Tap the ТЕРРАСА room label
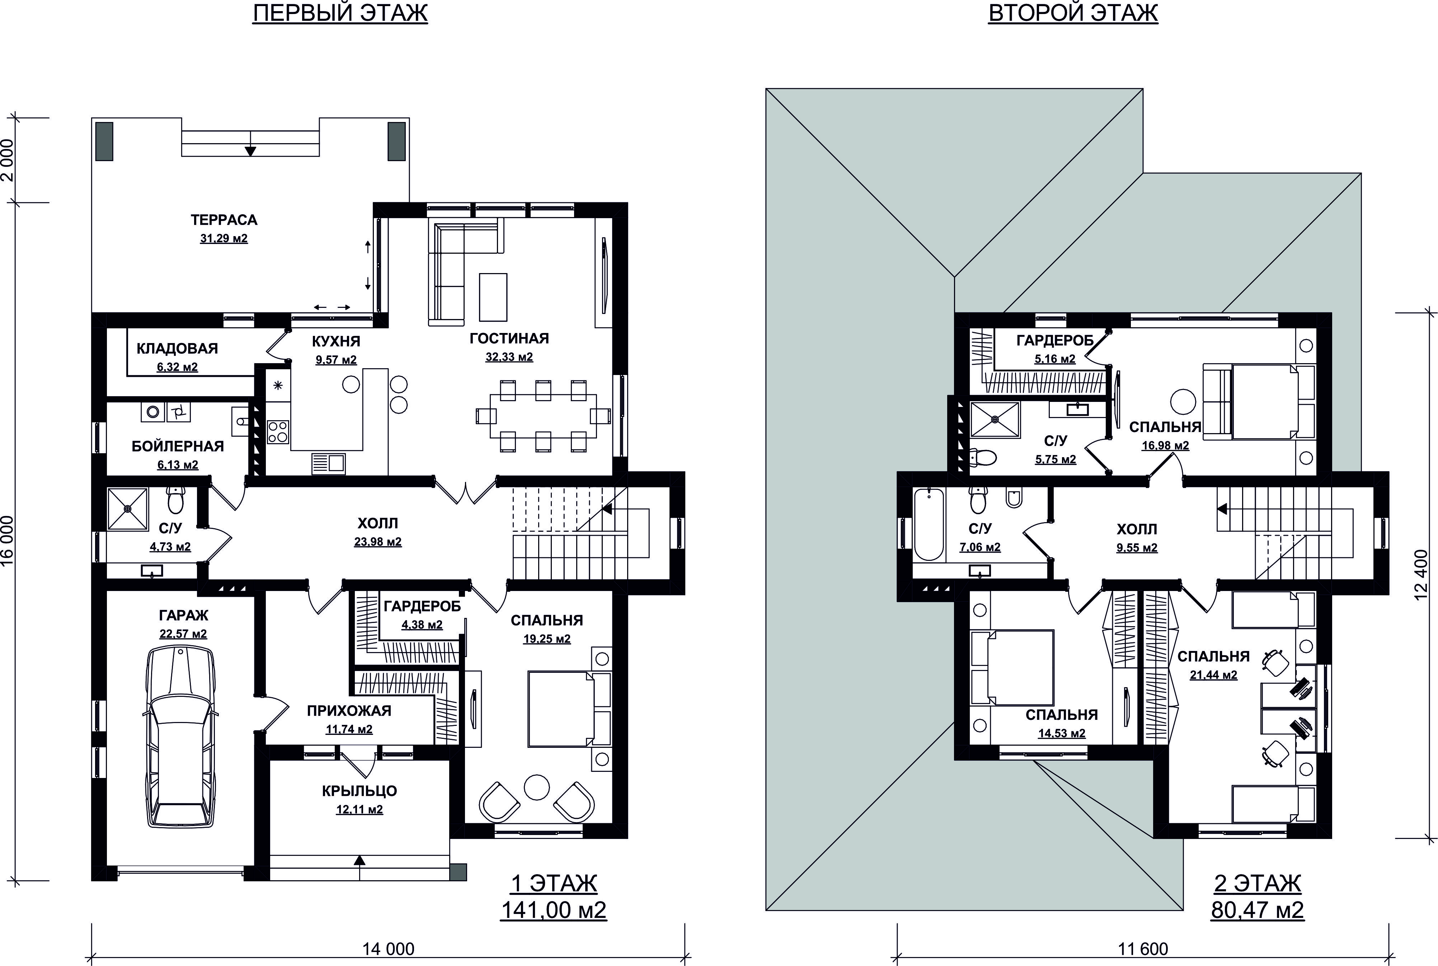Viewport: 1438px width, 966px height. click(x=224, y=220)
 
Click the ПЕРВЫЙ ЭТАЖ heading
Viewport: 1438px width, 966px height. click(x=340, y=13)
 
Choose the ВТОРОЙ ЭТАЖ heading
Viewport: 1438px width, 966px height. click(x=1073, y=13)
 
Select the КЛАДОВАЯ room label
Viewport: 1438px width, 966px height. click(x=177, y=349)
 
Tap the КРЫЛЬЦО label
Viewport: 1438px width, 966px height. click(x=359, y=791)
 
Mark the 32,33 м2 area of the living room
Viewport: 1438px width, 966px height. click(x=509, y=357)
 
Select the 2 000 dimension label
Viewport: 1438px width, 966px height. click(x=8, y=160)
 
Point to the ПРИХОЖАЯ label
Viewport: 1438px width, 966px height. click(x=349, y=711)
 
